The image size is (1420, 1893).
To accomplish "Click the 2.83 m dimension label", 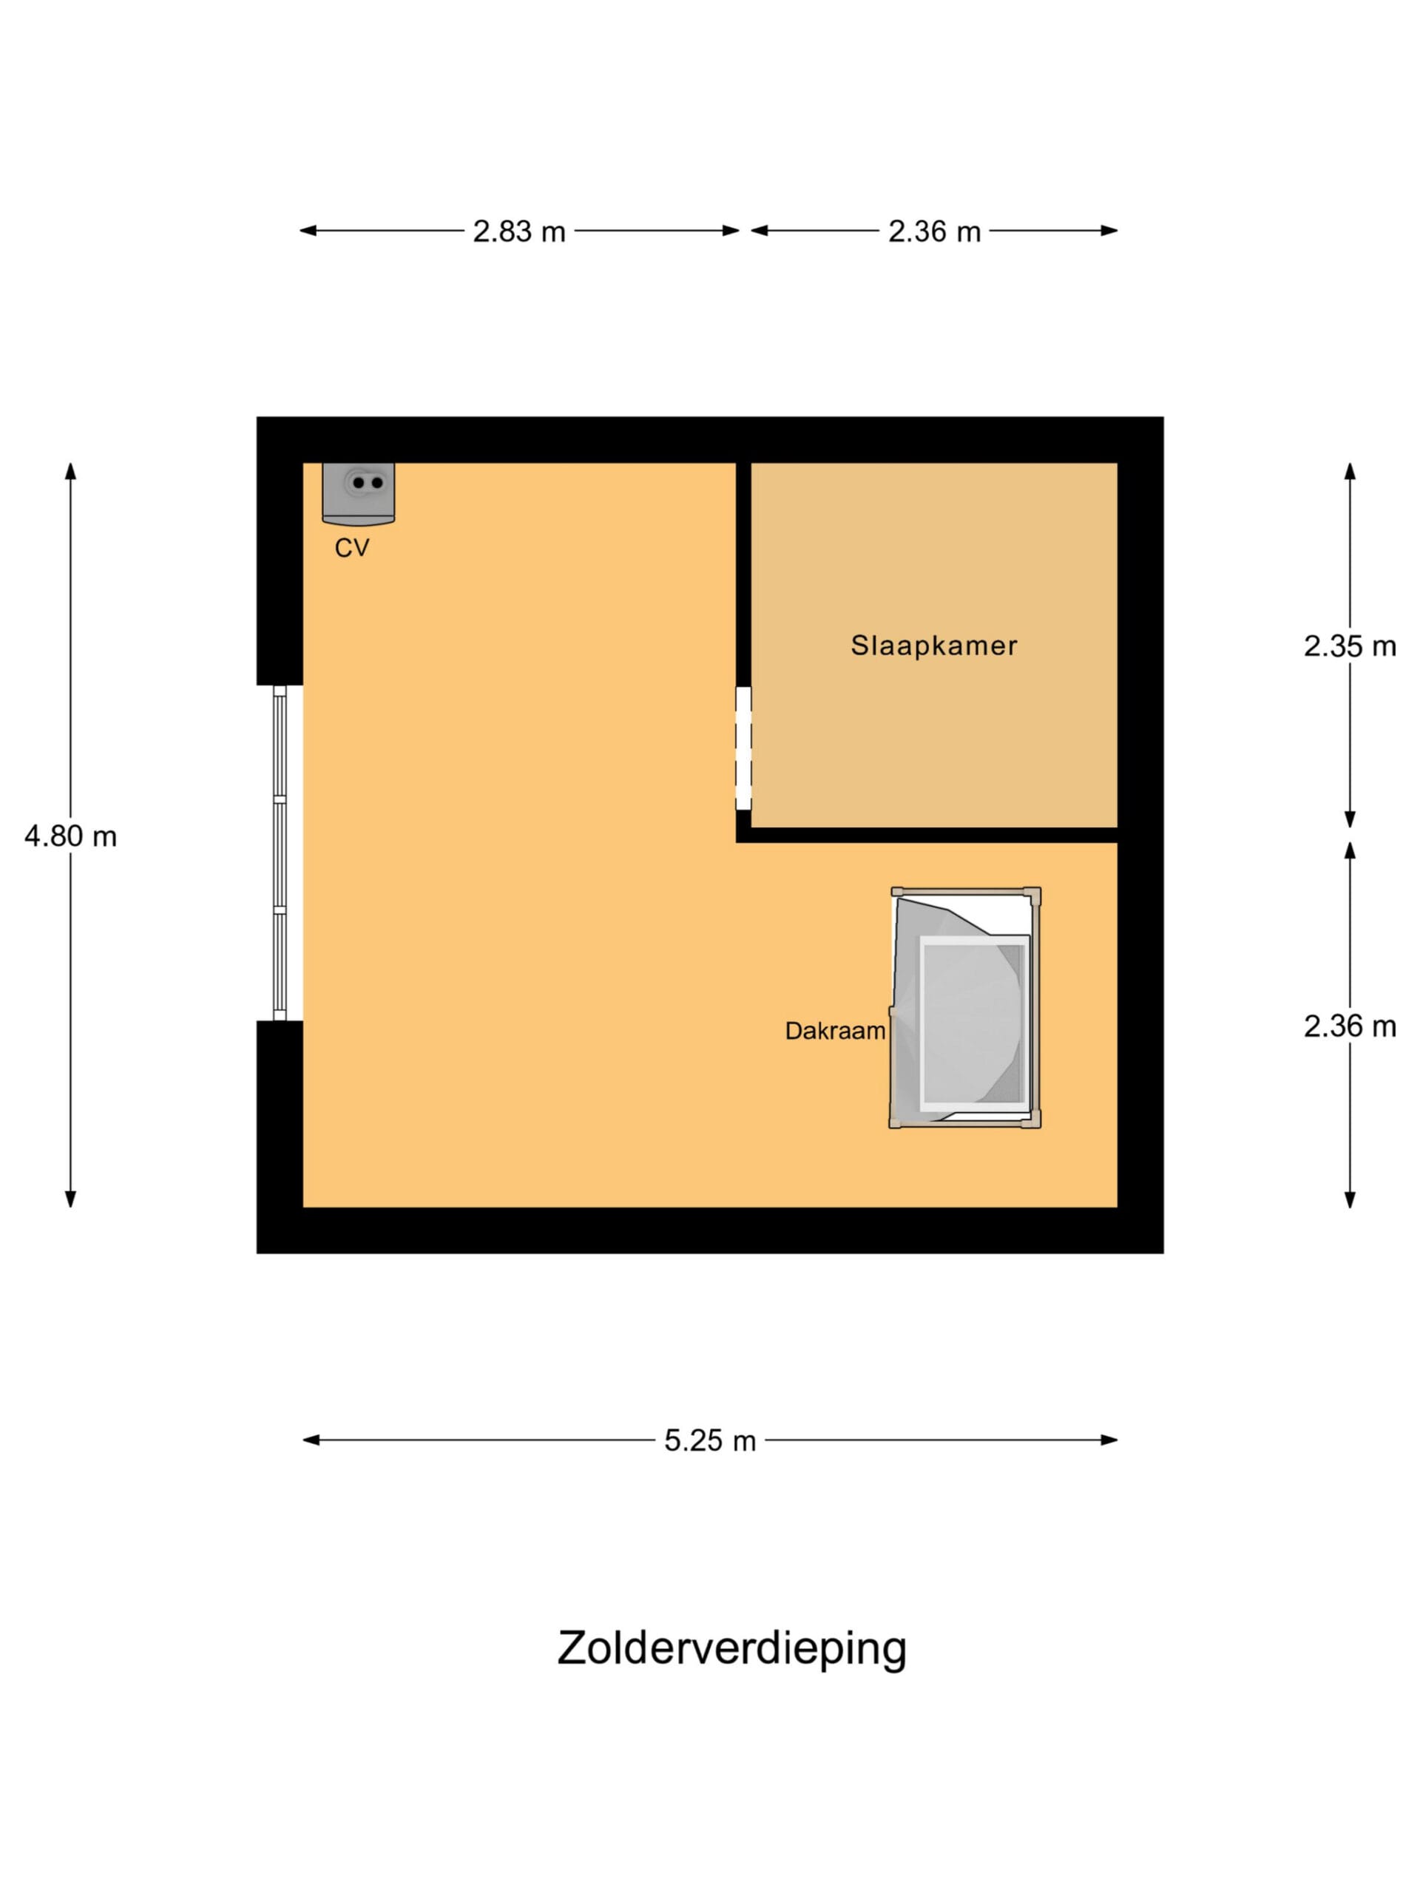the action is coord(518,231).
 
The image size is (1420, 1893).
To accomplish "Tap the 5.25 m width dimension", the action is coord(709,1440).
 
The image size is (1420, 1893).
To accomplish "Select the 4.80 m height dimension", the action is coord(70,836).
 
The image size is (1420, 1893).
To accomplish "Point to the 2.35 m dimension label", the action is coord(1349,646).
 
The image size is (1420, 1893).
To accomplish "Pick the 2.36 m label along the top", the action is coord(934,231).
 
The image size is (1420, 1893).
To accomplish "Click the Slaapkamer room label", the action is coord(934,646).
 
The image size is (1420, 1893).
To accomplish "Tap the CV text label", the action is coord(352,548).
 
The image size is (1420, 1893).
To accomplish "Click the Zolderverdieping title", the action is coord(732,1649).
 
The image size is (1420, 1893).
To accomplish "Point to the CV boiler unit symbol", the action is coord(359,494).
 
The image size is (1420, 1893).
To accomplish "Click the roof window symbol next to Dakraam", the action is coord(964,1007).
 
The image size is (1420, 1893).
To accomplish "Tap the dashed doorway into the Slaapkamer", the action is coord(744,748).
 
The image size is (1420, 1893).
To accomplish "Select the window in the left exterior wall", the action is coord(280,853).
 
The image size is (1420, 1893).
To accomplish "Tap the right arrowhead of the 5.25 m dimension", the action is coord(1109,1440).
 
